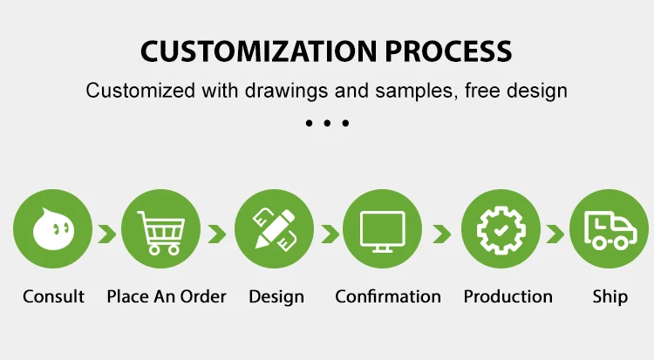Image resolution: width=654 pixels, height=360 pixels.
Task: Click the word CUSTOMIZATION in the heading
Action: pos(259,51)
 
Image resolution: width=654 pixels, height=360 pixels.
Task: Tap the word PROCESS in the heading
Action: pos(448,51)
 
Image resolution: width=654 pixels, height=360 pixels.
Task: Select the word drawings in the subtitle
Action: pos(286,91)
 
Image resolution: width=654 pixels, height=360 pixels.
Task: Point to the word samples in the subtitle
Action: pos(413,91)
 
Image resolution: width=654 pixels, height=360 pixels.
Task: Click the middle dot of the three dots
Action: pos(327,123)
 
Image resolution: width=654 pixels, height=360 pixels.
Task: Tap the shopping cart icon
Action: pos(161,233)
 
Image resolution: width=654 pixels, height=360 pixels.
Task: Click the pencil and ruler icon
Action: pos(275,230)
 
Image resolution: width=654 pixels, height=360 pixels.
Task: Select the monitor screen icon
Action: pos(383,232)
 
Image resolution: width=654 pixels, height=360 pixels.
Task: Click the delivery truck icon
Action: pos(610,230)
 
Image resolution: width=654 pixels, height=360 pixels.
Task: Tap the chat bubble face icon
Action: pos(53,229)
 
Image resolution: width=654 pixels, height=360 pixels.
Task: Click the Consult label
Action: pos(53,296)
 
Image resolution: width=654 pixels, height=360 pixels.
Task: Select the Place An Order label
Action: pos(167,296)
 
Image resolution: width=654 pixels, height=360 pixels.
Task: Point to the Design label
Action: pos(276,297)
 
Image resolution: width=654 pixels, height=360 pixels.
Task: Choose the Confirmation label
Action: pos(388,296)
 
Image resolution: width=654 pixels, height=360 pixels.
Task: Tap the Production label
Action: pos(508,296)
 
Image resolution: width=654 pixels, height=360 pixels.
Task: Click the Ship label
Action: pos(610,297)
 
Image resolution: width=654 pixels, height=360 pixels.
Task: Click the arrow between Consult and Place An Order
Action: pos(107,234)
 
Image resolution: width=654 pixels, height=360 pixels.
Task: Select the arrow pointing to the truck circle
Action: pos(555,234)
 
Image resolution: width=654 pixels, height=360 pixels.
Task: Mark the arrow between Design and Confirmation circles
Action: pos(330,234)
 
